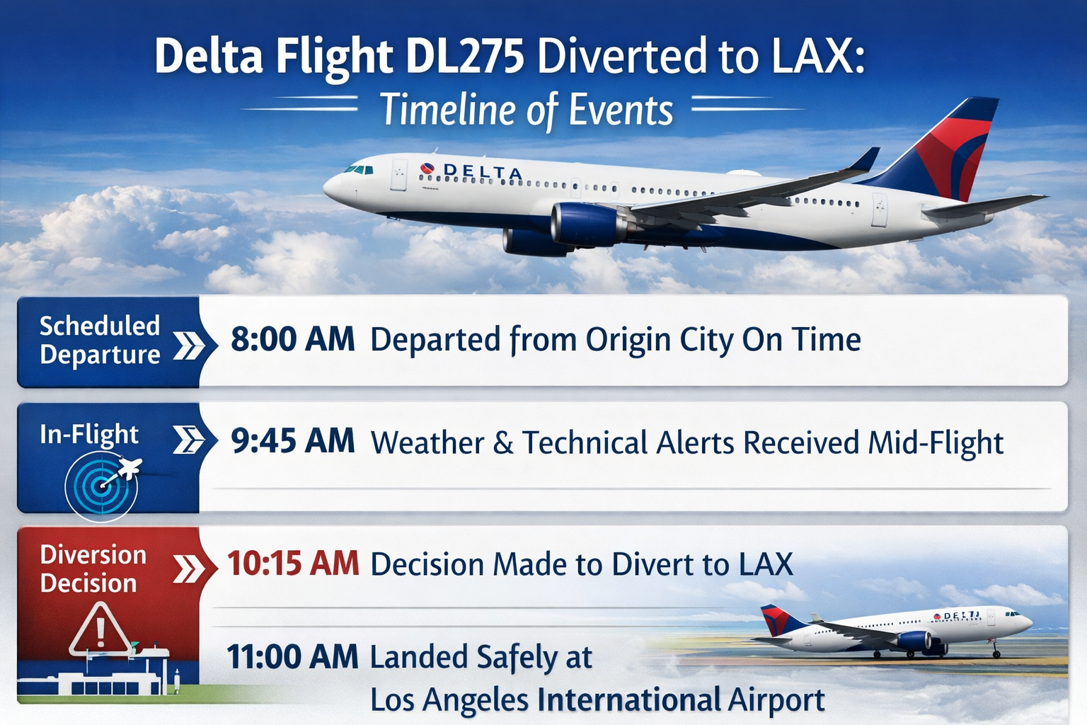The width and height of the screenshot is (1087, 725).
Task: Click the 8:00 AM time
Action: click(x=292, y=339)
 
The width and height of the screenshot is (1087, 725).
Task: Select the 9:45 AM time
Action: click(x=292, y=441)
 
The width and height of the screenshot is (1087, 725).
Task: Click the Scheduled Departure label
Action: click(x=100, y=340)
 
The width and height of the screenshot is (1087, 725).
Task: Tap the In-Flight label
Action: click(x=89, y=434)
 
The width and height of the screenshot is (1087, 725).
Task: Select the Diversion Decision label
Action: click(x=93, y=569)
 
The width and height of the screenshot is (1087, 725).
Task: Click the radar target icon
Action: click(x=101, y=486)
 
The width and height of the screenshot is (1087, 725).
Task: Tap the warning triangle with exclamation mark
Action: click(x=100, y=630)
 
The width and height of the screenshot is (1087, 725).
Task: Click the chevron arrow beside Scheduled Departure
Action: click(x=188, y=346)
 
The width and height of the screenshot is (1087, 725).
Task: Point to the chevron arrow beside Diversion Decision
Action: click(x=188, y=569)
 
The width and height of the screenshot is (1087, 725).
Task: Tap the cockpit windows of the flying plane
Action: click(x=359, y=169)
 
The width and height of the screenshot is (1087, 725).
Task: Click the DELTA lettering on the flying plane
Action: click(x=483, y=171)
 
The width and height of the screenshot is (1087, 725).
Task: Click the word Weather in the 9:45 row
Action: click(x=427, y=443)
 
